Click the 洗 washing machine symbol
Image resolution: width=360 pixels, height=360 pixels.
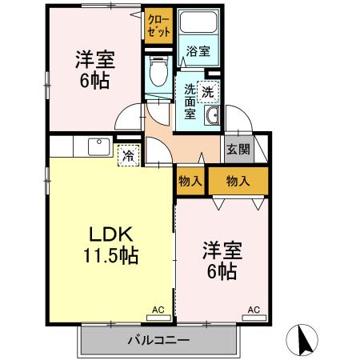pos(207,92)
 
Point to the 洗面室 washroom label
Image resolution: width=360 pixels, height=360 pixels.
pos(190,101)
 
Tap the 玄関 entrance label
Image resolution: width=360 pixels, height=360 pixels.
pos(238,149)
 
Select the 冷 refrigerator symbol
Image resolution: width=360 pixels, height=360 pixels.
pos(128,155)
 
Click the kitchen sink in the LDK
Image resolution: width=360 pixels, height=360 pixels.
pos(98,148)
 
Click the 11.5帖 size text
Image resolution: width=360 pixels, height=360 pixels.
pos(110,257)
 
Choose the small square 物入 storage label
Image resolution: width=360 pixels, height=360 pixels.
pos(190,181)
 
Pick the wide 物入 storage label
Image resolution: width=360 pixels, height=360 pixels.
pos(238,181)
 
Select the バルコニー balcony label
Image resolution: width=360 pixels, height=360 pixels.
pos(158,341)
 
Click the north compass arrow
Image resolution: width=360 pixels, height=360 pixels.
pos(305,339)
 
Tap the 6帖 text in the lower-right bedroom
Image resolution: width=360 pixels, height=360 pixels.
pos(222,272)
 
